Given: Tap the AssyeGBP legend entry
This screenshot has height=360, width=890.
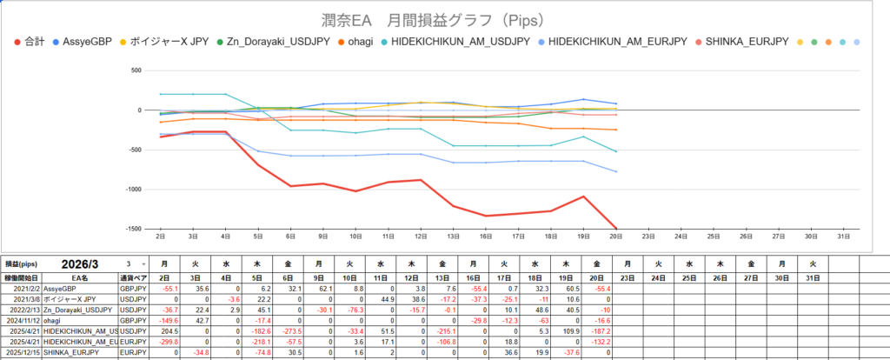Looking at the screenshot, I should [83, 42].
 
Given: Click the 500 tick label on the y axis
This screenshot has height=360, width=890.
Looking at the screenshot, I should [136, 70].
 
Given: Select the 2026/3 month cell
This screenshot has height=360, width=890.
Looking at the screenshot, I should [83, 263].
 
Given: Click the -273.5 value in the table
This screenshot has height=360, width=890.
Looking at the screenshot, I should [291, 332].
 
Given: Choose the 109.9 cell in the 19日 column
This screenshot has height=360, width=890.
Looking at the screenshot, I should [567, 332].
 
